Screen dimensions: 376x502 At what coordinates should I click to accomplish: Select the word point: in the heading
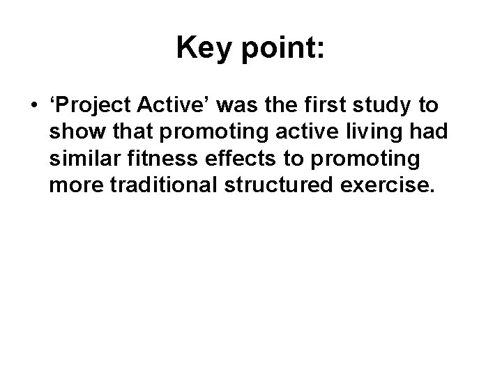(x=283, y=49)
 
